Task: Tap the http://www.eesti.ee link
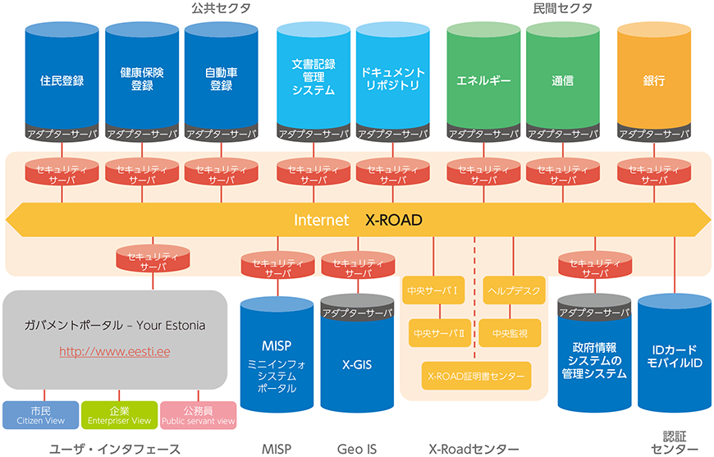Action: click(115, 352)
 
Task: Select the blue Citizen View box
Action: click(40, 415)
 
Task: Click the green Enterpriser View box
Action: click(119, 415)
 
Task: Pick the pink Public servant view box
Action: click(198, 415)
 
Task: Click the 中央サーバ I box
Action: click(433, 290)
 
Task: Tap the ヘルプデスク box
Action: click(514, 290)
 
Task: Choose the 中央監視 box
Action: click(510, 333)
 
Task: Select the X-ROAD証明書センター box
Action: click(476, 376)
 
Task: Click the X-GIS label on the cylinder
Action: click(357, 364)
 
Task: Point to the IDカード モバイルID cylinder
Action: click(675, 354)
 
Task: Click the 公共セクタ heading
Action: click(222, 8)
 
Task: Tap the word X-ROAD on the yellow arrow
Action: click(394, 221)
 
